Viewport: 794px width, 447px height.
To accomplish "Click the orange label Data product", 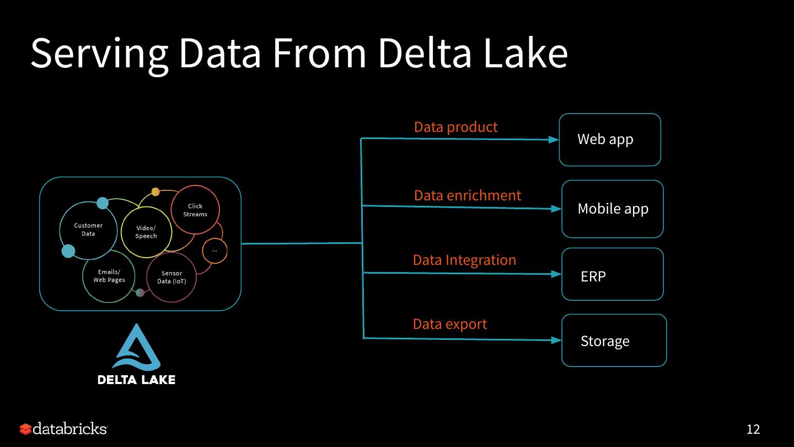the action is click(x=455, y=127).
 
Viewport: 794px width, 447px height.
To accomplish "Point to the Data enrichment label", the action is click(x=468, y=195).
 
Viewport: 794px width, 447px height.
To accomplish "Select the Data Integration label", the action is click(x=464, y=260).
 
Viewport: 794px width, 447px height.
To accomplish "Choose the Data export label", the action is click(x=450, y=324).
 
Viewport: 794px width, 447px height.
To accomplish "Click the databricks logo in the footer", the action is click(x=63, y=429).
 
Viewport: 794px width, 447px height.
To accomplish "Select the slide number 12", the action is click(x=753, y=429).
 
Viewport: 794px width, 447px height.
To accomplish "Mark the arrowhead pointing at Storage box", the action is click(x=556, y=340).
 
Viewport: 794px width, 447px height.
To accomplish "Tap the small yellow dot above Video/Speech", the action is click(x=155, y=192).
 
